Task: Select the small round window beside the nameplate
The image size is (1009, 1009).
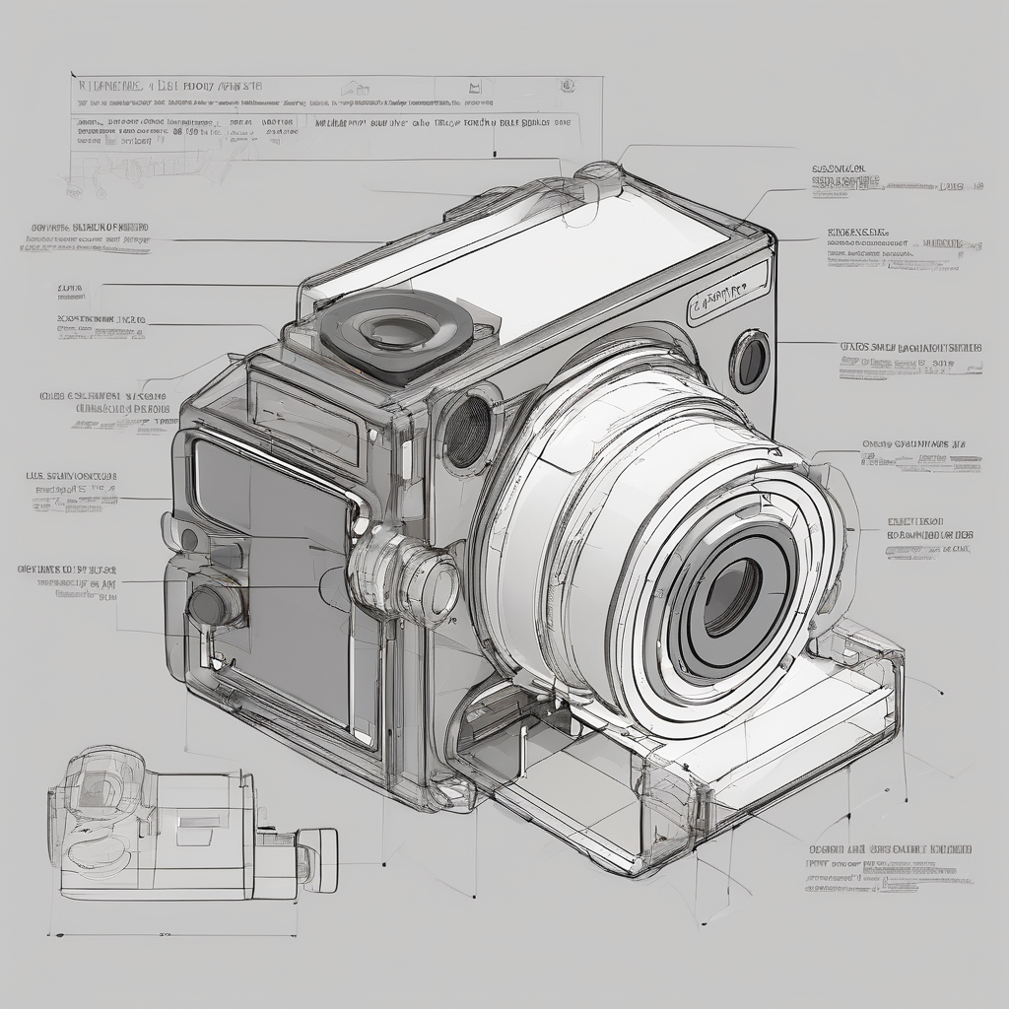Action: pos(750,361)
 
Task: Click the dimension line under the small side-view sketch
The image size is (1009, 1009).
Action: pos(172,934)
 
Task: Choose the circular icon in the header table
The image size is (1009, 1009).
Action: pos(567,86)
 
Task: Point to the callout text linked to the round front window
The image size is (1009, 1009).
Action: pos(910,361)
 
